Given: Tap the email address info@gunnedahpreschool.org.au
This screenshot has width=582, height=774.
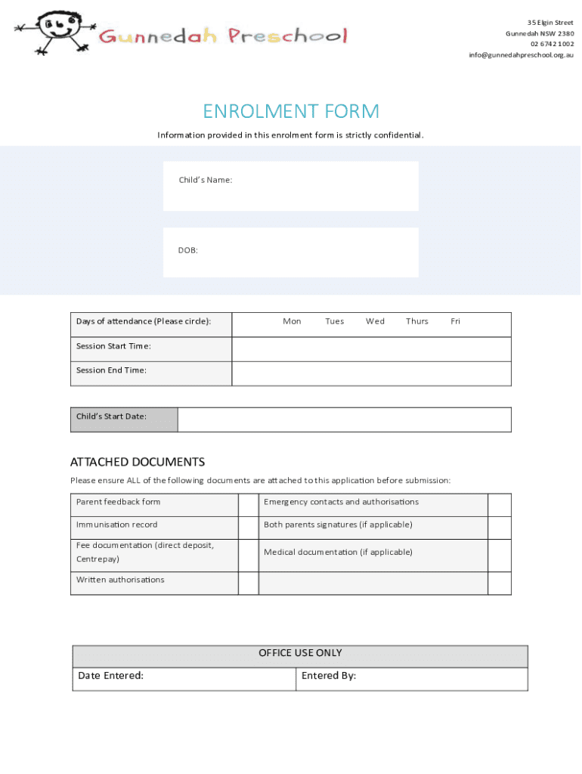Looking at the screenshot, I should (521, 54).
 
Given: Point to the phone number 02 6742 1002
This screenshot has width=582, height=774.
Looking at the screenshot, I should (552, 44).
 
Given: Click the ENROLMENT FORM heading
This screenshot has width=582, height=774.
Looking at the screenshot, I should (291, 112).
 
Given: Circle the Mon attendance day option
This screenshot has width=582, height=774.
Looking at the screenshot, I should (292, 321).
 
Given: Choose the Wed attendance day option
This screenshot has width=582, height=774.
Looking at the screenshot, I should (375, 321).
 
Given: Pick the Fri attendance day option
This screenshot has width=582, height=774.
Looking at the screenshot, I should (455, 321).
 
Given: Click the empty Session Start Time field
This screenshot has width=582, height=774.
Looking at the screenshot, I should (371, 349).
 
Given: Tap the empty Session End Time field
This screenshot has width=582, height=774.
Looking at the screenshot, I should (371, 373).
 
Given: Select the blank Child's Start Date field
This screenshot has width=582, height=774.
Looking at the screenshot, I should (344, 420).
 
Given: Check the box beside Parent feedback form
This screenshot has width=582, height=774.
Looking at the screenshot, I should (249, 505).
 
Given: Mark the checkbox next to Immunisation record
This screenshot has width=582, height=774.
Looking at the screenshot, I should (249, 528).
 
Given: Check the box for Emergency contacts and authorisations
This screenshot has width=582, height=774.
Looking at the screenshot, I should (499, 505).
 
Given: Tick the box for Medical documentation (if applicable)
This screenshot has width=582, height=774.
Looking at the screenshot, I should (499, 555).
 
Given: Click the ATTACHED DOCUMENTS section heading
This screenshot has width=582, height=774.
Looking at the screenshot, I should (138, 462).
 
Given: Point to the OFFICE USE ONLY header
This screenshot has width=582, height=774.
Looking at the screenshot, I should (300, 653).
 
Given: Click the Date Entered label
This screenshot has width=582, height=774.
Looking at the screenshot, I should (111, 676).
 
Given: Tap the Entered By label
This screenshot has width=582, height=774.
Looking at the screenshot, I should (329, 676).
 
